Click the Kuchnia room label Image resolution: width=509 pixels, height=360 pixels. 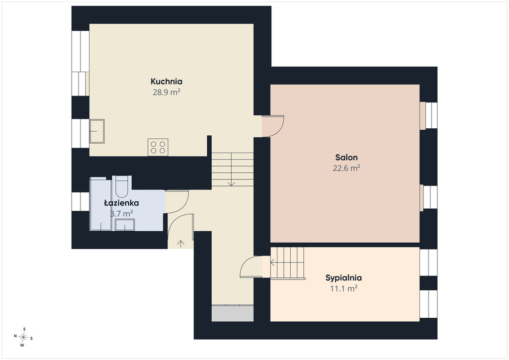(166, 81)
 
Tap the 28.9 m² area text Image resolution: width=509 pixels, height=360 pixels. (166, 92)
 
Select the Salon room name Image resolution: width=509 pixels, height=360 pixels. (346, 158)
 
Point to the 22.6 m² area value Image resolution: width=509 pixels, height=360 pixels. (346, 168)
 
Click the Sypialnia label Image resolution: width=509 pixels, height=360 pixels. (343, 278)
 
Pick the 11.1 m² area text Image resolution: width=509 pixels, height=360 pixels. (344, 288)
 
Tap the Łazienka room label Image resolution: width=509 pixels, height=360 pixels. (121, 203)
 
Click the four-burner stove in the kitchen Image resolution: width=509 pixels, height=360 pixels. (158, 147)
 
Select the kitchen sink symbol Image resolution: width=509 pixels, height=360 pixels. (97, 131)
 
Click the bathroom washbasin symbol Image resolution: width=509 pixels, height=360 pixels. (125, 225)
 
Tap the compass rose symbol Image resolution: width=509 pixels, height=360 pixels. (23, 337)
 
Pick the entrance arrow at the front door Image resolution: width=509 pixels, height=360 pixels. (180, 244)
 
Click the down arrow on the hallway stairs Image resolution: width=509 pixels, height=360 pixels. (231, 169)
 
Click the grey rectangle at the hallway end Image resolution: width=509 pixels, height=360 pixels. (233, 313)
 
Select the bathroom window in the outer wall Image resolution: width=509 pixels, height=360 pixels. (81, 201)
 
